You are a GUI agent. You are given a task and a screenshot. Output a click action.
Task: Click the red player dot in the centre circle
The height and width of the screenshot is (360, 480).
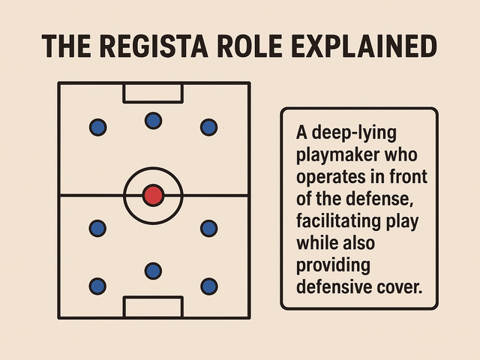coord(153,196)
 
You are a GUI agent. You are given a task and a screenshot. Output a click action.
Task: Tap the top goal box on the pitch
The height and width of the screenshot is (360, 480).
coord(153,93)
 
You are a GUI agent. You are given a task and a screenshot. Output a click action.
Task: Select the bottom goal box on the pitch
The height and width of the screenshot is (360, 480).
coord(153,307)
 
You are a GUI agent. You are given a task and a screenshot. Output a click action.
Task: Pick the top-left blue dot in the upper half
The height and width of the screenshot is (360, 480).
coord(97,127)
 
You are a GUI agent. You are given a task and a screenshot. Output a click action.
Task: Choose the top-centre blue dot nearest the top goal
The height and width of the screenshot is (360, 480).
coord(153,120)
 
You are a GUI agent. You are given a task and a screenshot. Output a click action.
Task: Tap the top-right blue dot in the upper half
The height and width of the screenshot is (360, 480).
coord(208,127)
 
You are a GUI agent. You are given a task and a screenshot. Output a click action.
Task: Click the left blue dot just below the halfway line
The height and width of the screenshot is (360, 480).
coord(97,227)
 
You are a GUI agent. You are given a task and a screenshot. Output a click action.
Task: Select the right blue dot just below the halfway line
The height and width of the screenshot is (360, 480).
coord(208,227)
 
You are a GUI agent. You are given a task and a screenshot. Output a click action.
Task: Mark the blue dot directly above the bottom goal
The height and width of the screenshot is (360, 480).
coord(153,270)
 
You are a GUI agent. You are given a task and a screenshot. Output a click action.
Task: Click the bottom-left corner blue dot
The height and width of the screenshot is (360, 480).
coord(97,286)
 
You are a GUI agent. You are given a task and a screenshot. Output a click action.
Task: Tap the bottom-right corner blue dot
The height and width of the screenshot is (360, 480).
coord(208,286)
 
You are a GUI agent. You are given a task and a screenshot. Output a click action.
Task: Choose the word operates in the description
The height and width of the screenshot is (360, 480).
coord(326,178)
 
